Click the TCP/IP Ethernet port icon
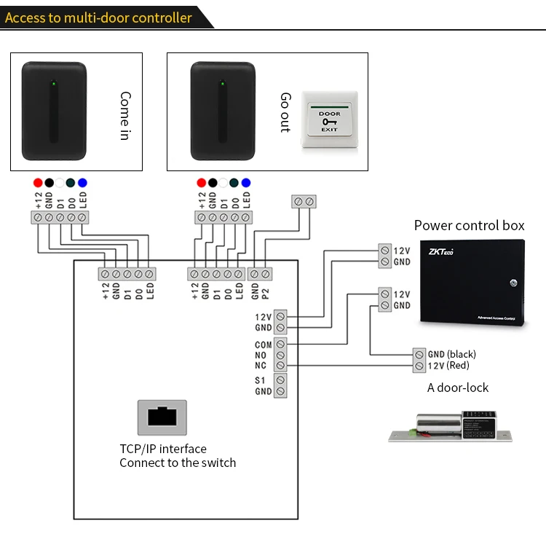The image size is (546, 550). (x=162, y=417)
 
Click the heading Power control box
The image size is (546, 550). (x=469, y=225)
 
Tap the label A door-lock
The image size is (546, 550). (x=458, y=388)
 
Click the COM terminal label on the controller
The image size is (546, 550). (x=263, y=345)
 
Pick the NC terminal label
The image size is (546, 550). (x=261, y=366)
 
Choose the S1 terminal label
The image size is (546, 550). (x=261, y=381)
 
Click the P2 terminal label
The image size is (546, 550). (x=266, y=294)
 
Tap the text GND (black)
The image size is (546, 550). (x=451, y=354)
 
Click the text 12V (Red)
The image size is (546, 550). (x=448, y=365)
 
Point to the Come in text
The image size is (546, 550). (x=125, y=116)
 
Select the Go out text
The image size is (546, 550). (x=285, y=112)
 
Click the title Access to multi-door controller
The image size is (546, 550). (x=99, y=17)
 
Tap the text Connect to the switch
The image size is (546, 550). (x=178, y=463)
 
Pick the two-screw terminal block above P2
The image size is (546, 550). (x=303, y=200)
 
